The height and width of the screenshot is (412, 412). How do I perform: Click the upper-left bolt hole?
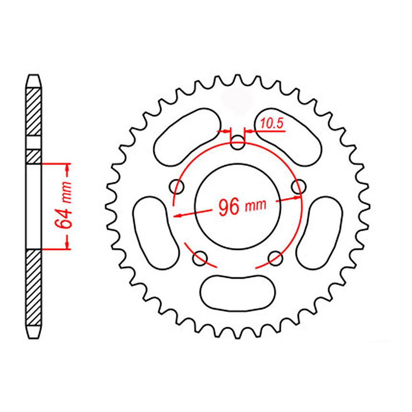tap(177, 187)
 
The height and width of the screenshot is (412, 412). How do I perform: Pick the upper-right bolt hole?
tap(299, 187)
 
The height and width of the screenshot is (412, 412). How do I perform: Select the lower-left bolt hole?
tap(200, 259)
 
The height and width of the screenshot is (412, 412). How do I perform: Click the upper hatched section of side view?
tap(34, 111)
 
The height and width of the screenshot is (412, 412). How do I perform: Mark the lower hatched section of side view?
tap(34, 286)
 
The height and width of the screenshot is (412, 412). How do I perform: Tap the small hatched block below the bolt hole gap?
tap(34, 156)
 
